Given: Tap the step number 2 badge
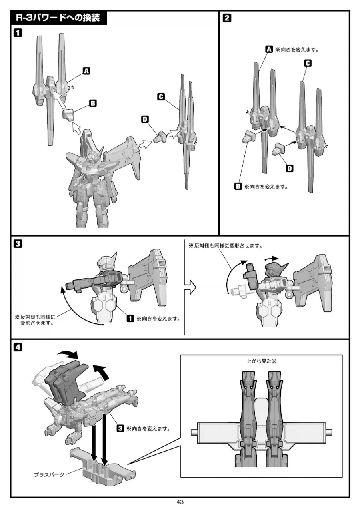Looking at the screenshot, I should pyautogui.click(x=227, y=18).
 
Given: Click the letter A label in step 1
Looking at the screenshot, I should pyautogui.click(x=86, y=71).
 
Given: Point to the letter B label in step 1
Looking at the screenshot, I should pyautogui.click(x=92, y=103).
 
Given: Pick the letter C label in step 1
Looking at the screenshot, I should pyautogui.click(x=161, y=96).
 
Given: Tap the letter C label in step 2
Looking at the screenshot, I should pyautogui.click(x=308, y=63).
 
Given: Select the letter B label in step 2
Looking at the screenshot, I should pyautogui.click(x=238, y=186).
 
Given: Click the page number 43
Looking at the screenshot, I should pyautogui.click(x=180, y=502).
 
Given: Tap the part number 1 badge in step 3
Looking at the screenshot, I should pyautogui.click(x=130, y=319).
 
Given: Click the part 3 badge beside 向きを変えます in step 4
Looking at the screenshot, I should pyautogui.click(x=120, y=428).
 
